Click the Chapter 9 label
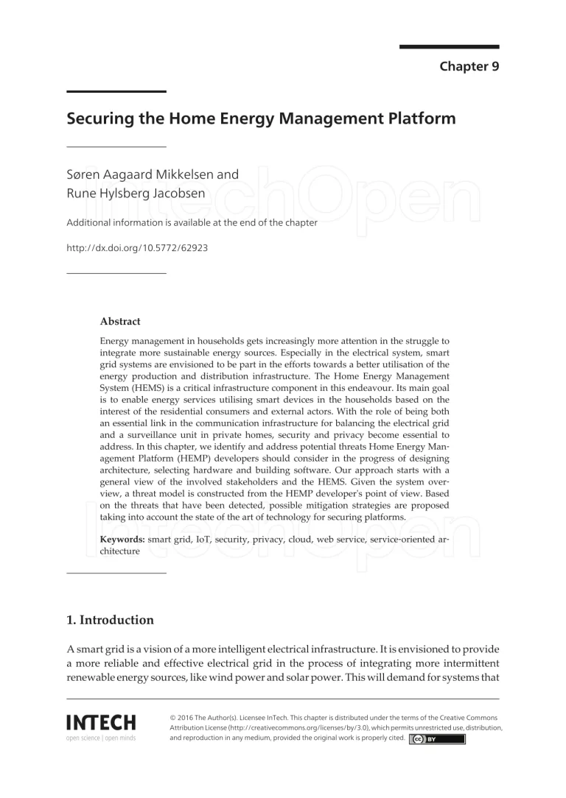coord(469,67)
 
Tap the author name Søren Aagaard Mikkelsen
coord(153,175)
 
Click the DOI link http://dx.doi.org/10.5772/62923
coord(137,247)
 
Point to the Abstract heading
coord(120,322)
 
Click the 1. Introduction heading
coord(111,620)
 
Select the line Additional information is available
coord(192,223)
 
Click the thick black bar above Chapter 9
coord(449,46)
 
